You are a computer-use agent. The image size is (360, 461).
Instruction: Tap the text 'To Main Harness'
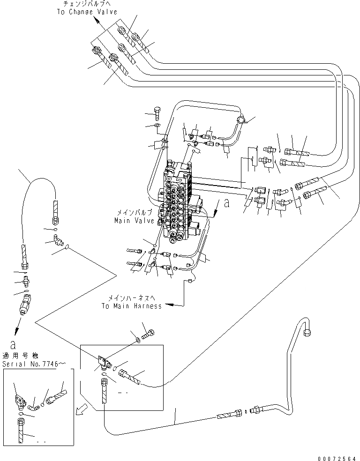point(131,306)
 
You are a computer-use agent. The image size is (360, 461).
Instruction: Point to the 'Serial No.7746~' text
point(29,364)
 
